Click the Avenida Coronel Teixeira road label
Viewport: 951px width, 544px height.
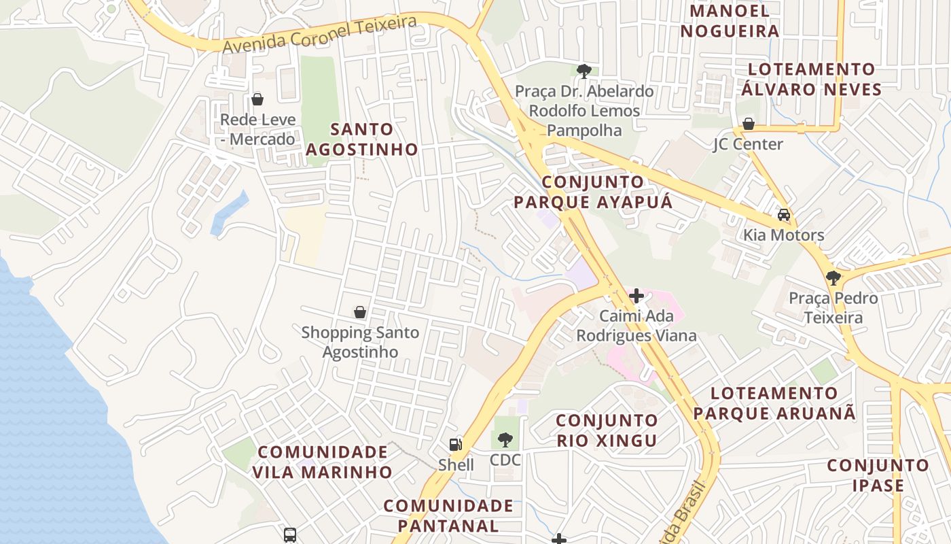point(319,34)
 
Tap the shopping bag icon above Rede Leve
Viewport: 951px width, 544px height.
point(257,99)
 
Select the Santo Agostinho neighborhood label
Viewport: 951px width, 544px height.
point(361,139)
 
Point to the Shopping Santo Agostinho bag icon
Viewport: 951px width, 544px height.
point(360,312)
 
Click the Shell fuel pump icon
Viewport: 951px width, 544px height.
point(456,444)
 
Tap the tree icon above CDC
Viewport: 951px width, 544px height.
point(505,439)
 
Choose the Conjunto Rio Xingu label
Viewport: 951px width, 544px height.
point(607,430)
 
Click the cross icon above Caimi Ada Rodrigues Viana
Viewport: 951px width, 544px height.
point(636,296)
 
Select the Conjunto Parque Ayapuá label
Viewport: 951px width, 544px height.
point(593,192)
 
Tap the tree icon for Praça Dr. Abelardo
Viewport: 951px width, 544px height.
point(584,71)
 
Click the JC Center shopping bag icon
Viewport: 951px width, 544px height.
point(748,124)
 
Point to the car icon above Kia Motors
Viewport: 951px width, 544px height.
point(784,215)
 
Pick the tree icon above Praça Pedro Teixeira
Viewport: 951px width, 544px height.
point(833,277)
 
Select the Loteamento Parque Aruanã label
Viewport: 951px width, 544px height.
point(774,403)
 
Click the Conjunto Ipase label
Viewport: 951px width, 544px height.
point(878,475)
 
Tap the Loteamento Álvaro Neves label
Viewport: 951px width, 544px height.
point(811,79)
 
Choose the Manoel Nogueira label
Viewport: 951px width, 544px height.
point(730,21)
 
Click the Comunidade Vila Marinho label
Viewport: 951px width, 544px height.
point(323,462)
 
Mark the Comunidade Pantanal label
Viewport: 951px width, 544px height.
point(448,515)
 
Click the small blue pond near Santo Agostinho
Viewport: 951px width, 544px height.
point(229,213)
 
